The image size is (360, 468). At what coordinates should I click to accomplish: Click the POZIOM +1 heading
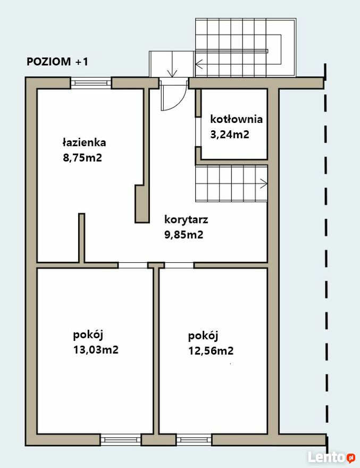(57, 62)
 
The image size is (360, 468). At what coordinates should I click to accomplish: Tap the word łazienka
(84, 142)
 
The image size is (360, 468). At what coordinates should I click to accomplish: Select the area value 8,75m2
(82, 157)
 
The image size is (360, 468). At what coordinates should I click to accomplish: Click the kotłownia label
(237, 119)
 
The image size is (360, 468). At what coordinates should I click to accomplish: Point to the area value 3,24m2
(230, 135)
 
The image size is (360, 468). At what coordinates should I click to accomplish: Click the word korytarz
(186, 220)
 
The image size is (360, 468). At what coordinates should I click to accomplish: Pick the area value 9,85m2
(184, 235)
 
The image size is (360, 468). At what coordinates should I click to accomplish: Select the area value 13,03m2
(96, 349)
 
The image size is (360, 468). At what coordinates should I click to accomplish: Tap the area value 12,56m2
(211, 350)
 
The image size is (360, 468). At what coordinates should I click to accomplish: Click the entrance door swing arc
(180, 101)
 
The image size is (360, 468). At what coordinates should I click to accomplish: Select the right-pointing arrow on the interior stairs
(264, 183)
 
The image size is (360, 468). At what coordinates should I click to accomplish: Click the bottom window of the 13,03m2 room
(121, 440)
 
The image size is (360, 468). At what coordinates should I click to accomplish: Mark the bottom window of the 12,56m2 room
(194, 440)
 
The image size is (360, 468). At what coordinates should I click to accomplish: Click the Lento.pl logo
(331, 457)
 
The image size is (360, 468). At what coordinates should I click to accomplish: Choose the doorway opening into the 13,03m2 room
(133, 265)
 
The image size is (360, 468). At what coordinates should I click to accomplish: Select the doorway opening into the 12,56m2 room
(179, 265)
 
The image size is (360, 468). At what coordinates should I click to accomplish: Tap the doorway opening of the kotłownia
(198, 132)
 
